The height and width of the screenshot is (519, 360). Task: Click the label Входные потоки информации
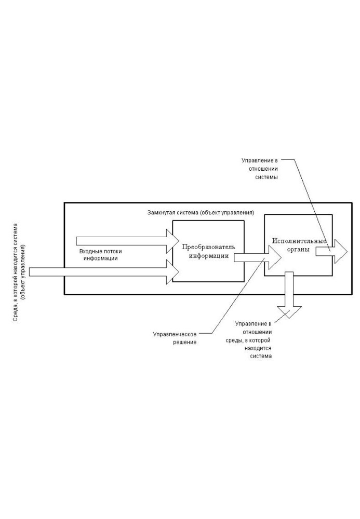tap(101, 254)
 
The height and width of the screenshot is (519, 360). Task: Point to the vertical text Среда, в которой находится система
tap(19, 272)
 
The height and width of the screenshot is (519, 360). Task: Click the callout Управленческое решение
tap(175, 338)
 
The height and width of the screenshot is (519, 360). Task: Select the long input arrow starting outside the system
tap(104, 271)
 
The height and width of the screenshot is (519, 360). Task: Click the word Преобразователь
tap(208, 246)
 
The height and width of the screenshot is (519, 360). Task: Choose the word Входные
tap(90, 251)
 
